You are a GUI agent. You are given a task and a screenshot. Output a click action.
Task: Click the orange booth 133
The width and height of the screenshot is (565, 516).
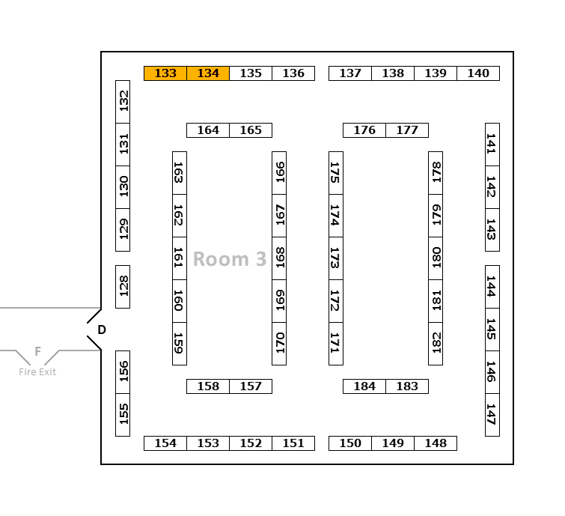point(165,73)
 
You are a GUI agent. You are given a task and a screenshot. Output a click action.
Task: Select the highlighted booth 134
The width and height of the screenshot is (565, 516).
point(208,73)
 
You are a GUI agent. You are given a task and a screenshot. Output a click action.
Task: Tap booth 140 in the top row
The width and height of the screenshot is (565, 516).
point(478,73)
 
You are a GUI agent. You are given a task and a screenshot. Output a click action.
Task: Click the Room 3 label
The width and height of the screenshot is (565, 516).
point(230,259)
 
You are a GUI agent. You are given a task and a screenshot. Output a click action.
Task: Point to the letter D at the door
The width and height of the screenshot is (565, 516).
point(102,330)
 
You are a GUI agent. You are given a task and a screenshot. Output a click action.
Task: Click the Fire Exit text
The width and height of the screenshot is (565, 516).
point(37,372)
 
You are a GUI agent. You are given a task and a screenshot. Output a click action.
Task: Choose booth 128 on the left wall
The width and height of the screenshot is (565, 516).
point(123,286)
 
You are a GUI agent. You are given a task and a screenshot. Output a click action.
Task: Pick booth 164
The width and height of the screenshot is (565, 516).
point(208,130)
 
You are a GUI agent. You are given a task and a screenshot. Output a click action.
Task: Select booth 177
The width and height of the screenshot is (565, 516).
point(407,130)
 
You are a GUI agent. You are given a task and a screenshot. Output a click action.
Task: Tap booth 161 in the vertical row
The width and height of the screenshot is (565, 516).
point(180,258)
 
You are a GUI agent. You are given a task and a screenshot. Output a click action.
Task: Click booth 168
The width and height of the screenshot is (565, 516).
point(279,258)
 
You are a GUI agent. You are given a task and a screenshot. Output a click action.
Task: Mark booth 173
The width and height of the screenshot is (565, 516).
point(336,258)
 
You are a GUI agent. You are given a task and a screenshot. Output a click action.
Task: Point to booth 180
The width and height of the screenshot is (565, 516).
point(436,258)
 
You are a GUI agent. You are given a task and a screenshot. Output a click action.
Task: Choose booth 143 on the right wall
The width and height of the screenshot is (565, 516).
point(492,230)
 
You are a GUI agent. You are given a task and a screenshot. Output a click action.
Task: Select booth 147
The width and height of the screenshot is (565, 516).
point(492,415)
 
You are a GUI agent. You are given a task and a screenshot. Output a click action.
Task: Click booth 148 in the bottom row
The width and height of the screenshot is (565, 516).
point(436,443)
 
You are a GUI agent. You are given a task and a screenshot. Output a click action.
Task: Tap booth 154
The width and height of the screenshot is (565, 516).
point(165,443)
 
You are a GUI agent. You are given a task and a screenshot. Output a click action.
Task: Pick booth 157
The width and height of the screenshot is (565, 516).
point(251,386)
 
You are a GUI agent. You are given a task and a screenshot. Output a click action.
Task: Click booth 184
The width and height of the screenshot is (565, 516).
point(364,386)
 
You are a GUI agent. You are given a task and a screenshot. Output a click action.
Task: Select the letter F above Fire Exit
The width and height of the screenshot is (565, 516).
point(37,351)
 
